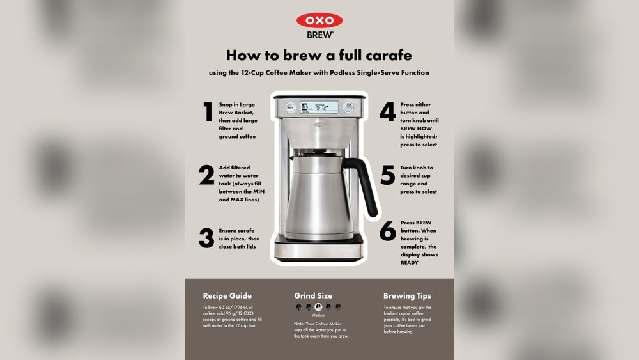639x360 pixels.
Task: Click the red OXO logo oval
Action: click(x=319, y=20)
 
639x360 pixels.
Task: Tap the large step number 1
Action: click(x=208, y=112)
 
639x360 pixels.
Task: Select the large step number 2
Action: click(x=206, y=175)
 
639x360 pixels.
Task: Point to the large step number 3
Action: click(x=206, y=238)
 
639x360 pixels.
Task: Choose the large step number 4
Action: click(x=387, y=112)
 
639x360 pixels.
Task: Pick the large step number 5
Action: click(x=387, y=175)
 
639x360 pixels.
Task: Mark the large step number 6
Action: click(x=387, y=231)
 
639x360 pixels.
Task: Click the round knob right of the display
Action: click(x=348, y=107)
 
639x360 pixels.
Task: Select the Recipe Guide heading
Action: click(x=227, y=296)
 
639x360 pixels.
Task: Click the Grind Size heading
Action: click(x=313, y=296)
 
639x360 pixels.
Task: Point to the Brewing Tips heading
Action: click(x=407, y=296)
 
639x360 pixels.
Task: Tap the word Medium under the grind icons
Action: click(x=319, y=316)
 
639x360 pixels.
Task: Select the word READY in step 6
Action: click(x=410, y=263)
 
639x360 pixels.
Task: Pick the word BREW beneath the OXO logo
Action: click(x=319, y=35)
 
